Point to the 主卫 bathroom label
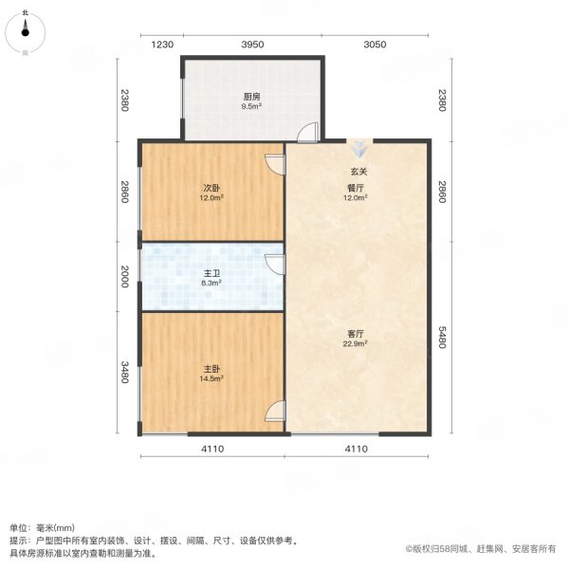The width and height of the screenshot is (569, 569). tap(211, 273)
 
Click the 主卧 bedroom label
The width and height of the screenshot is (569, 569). tap(211, 370)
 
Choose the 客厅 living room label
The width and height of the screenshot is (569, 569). tap(357, 333)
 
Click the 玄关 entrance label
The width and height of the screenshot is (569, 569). tap(358, 172)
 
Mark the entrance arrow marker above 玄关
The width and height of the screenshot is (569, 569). tap(358, 150)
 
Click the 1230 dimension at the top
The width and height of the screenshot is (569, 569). tap(162, 45)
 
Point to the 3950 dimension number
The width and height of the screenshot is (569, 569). tap(251, 45)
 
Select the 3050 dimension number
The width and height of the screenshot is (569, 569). tap(376, 45)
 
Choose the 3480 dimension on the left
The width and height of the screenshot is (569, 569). tap(122, 372)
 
